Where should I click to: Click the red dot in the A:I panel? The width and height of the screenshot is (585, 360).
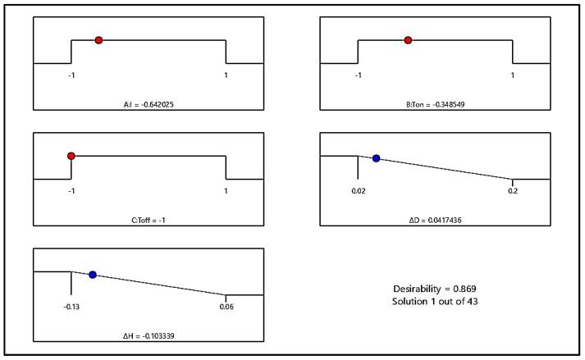[x=98, y=40]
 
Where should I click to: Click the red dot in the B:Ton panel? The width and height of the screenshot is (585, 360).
[x=408, y=40]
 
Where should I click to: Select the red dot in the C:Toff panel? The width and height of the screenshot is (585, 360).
[x=71, y=156]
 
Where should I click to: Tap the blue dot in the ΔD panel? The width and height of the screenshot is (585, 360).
[x=377, y=158]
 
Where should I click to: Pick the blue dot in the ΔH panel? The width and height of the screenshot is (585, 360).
[x=93, y=275]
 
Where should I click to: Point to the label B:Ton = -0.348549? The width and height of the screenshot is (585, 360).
[x=435, y=105]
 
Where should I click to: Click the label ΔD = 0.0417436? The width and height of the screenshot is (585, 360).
[x=435, y=221]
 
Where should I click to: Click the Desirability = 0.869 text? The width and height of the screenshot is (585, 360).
[x=435, y=289]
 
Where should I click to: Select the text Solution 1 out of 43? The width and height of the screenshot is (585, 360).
[x=435, y=302]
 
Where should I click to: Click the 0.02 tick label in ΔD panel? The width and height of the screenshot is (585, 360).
[x=358, y=191]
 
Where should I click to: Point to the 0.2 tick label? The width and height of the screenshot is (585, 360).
[x=513, y=191]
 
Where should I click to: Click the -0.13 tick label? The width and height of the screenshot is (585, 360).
[x=71, y=307]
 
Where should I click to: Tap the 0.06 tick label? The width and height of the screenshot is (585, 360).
[x=226, y=307]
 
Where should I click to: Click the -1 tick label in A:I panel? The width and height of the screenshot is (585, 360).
[x=71, y=75]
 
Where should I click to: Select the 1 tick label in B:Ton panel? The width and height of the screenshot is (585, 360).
[x=513, y=75]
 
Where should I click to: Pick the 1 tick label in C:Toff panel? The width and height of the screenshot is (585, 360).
[x=226, y=191]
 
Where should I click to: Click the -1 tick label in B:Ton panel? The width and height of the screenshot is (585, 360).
[x=358, y=75]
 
